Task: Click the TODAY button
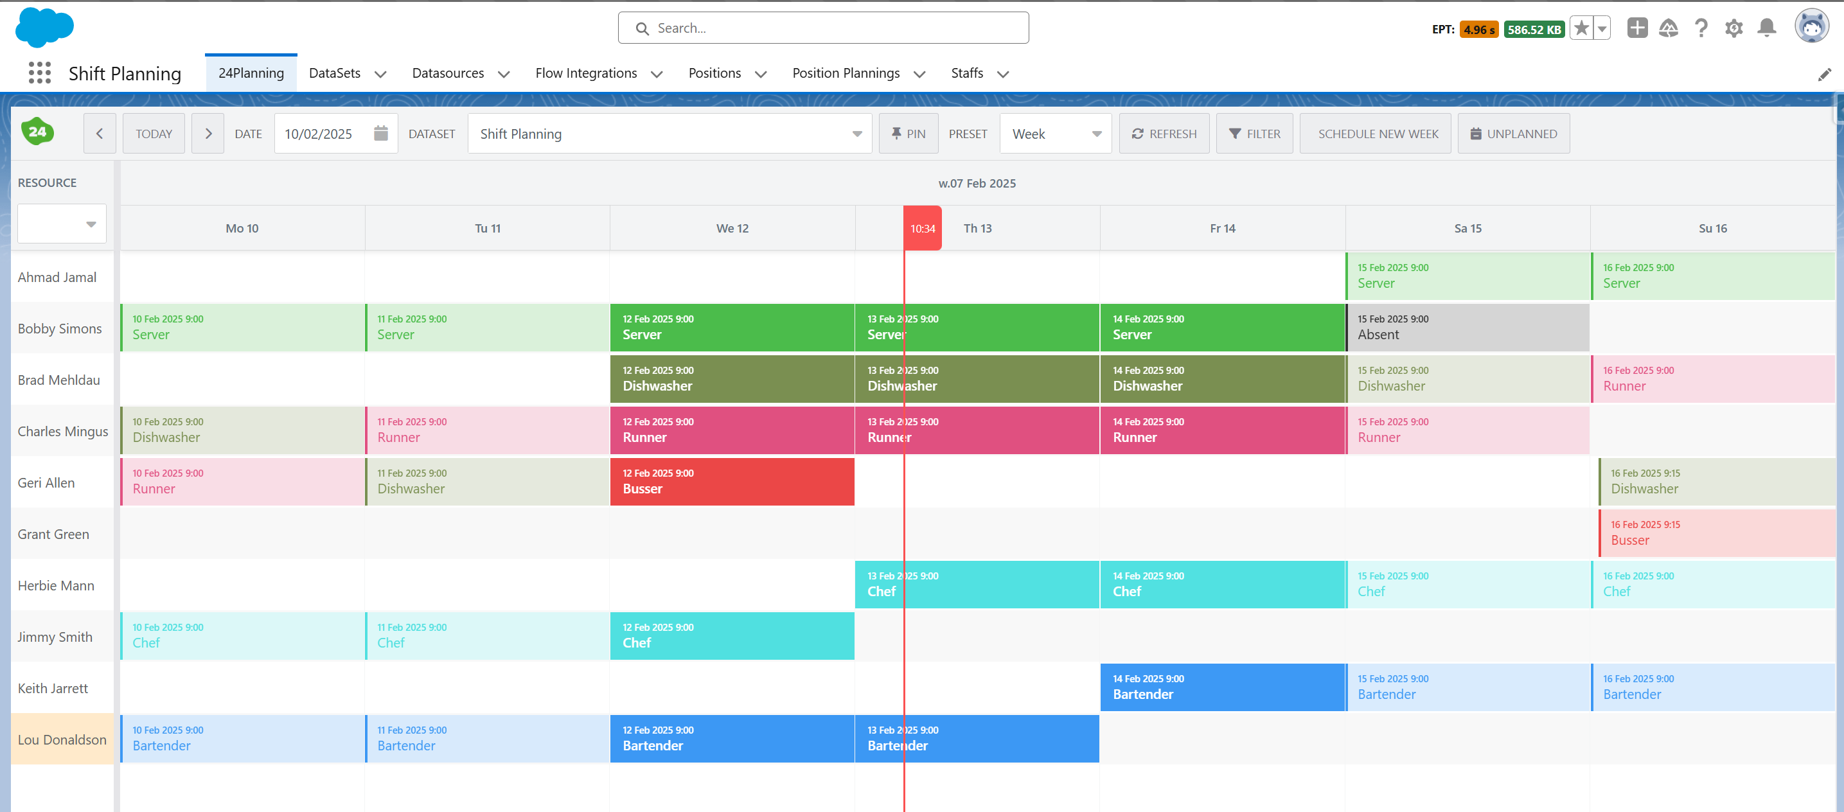(153, 134)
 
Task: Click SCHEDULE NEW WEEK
(1378, 134)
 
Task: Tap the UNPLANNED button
(1513, 134)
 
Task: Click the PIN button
(908, 134)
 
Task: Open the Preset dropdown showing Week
(1055, 134)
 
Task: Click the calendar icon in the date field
(381, 133)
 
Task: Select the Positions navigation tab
(714, 73)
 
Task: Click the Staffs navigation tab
(966, 73)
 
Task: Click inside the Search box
(823, 28)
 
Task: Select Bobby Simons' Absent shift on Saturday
(1467, 328)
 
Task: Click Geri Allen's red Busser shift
(732, 481)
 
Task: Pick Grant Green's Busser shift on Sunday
(1716, 533)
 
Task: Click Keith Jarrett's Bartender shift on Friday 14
(1222, 687)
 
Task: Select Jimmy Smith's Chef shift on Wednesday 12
(732, 635)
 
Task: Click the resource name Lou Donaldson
(62, 739)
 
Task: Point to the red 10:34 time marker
(922, 229)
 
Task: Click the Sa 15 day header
(1467, 228)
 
